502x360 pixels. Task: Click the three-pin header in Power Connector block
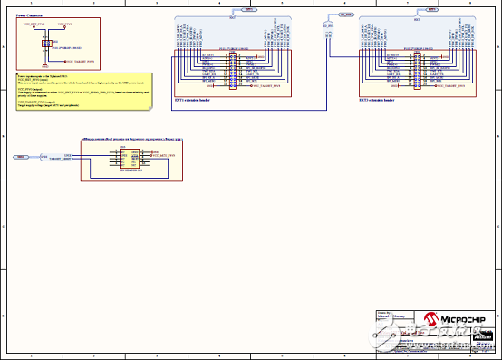tap(47, 43)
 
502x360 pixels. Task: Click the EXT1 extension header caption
tap(193, 99)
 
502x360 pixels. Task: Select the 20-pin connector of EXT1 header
tap(232, 71)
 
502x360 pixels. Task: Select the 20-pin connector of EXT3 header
tap(417, 71)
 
